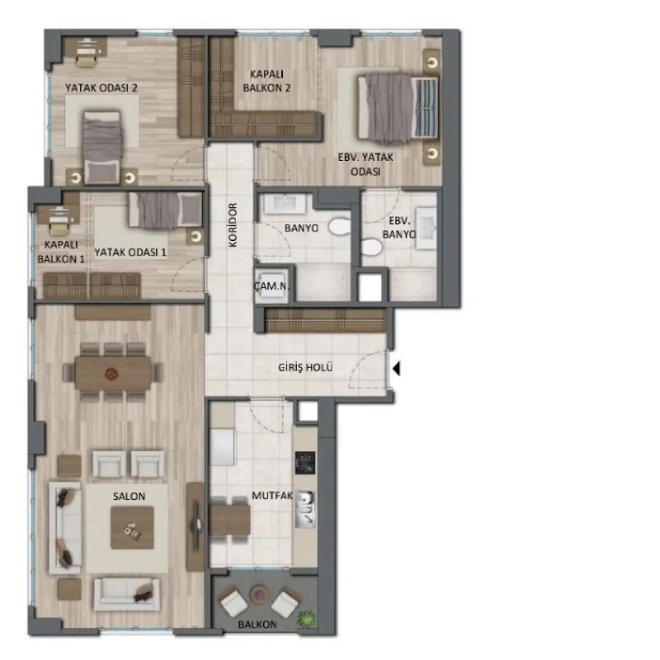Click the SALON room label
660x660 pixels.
coord(129,497)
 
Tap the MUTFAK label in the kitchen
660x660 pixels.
coord(272,496)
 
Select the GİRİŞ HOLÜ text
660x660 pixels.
coord(305,367)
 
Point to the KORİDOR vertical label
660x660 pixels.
coord(233,224)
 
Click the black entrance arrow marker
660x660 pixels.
coord(396,368)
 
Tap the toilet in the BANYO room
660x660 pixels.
coord(340,226)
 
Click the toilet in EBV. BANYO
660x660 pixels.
coord(371,247)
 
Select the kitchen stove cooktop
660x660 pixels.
coord(305,462)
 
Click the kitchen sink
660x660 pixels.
coord(305,509)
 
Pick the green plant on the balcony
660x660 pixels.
coord(306,619)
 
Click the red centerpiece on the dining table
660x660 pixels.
coord(111,373)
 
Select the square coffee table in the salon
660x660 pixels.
coord(132,528)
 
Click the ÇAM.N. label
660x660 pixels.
coord(272,286)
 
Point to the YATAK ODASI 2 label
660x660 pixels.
coord(101,88)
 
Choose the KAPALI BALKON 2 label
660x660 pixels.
coord(266,81)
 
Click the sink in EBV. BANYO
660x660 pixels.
coord(426,229)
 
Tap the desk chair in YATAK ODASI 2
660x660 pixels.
coord(87,61)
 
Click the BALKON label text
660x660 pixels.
coord(257,625)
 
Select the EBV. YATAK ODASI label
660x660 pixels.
coord(365,164)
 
